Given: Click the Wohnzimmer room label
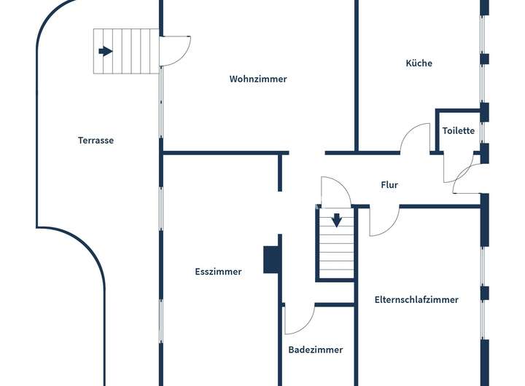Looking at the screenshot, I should [x=258, y=79].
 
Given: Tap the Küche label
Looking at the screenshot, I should [x=419, y=63].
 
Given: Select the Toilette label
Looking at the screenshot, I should [x=459, y=131].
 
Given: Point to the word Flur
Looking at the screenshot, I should [x=389, y=185].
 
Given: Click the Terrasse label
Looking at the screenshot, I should [x=96, y=140].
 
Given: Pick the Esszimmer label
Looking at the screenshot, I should [x=218, y=272].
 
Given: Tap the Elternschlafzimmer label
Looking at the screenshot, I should [x=416, y=299].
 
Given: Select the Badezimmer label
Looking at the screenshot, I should [x=315, y=350].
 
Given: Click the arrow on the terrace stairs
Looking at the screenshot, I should [x=106, y=51].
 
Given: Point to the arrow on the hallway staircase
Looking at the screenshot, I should [x=336, y=219].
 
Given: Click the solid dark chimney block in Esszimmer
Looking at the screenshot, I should [x=271, y=259].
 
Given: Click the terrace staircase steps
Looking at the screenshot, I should [x=126, y=51].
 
